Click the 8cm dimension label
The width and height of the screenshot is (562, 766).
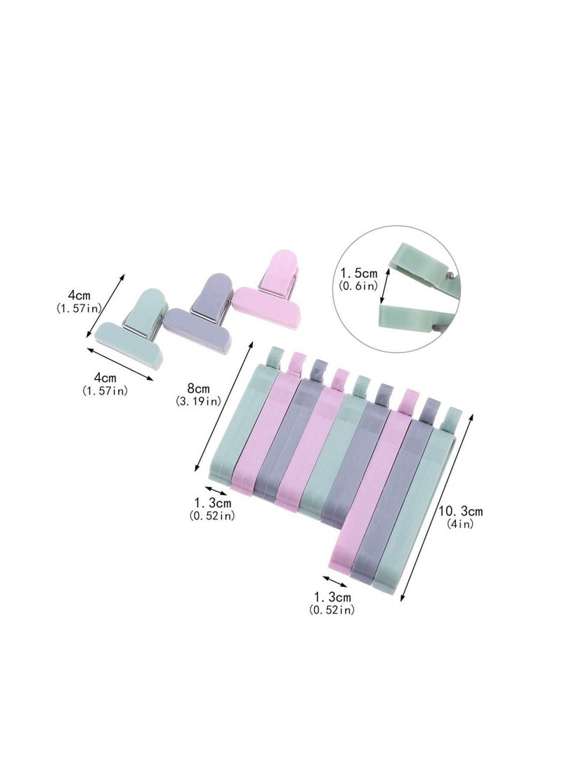pyautogui.click(x=197, y=388)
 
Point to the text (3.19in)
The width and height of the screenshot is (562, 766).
pyautogui.click(x=198, y=402)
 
